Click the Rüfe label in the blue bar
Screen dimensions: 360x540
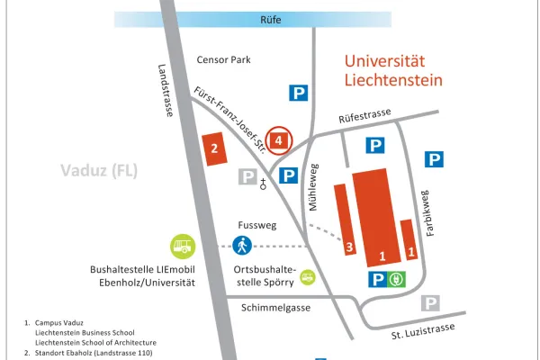[271, 18]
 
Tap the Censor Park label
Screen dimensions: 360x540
[222, 60]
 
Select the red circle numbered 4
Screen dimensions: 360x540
[281, 139]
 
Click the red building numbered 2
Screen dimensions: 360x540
[214, 150]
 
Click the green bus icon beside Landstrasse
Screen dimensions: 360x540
[184, 245]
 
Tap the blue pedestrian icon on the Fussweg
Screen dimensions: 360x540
[243, 245]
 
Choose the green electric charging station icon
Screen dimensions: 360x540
[397, 280]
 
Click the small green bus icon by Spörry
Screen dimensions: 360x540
[308, 277]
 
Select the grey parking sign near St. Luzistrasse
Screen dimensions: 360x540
[432, 303]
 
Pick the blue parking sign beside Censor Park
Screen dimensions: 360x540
[298, 92]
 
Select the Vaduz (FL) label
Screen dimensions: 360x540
[98, 171]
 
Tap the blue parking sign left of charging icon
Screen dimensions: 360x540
[376, 280]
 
